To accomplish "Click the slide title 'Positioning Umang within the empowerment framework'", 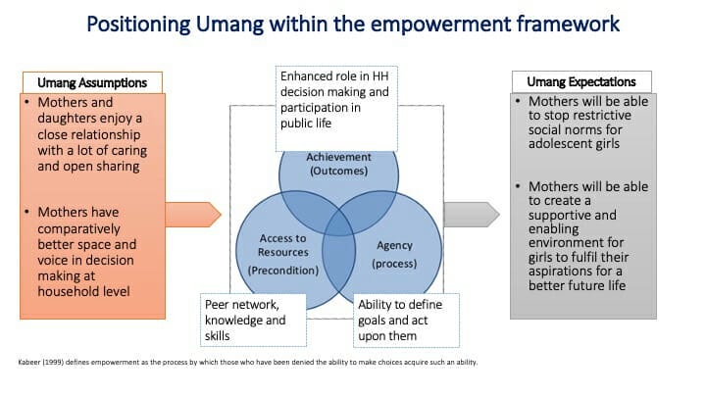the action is pos(353,24).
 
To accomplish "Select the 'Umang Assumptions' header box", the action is pos(92,82).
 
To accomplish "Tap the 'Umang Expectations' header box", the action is pos(581,82).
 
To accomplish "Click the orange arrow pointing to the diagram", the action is pos(193,215).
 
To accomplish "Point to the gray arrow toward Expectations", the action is pos(472,215).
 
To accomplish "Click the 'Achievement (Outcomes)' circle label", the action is pos(338,164).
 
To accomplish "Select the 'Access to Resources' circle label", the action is pos(282,245).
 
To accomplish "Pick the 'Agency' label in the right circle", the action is pos(394,245).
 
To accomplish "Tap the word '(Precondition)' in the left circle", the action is pos(283,271).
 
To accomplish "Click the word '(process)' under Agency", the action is pos(394,264).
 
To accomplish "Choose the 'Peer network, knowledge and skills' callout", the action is pos(254,320).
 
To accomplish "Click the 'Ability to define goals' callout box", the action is pos(406,320).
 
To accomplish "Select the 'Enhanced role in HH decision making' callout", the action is pos(336,109).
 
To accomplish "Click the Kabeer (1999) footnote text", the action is pos(248,362).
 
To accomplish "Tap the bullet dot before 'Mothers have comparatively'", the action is pos(27,212).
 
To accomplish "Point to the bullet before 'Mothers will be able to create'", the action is pos(518,186).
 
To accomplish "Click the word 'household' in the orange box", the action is pos(65,292).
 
